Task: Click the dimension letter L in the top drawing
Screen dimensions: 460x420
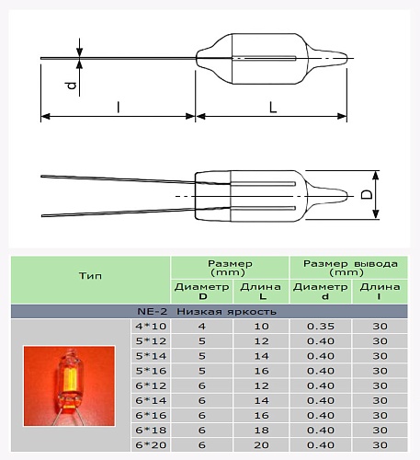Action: tap(274, 107)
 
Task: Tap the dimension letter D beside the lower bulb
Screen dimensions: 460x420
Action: tap(365, 195)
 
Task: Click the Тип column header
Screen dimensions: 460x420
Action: tap(90, 275)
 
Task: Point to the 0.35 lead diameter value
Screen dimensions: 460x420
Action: tap(320, 327)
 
